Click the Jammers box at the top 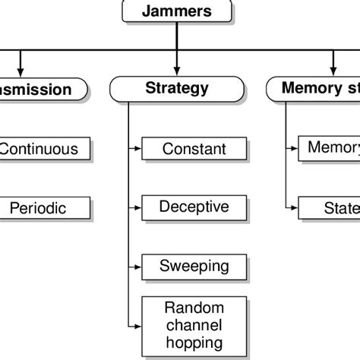point(176,11)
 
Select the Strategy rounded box point(176,89)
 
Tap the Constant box point(194,149)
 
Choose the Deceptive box point(194,207)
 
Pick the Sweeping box point(194,267)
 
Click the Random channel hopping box point(194,324)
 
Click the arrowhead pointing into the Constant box point(137,149)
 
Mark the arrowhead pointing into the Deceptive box point(137,207)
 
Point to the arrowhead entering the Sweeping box point(137,267)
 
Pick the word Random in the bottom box point(194,308)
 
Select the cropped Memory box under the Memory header point(329,147)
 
